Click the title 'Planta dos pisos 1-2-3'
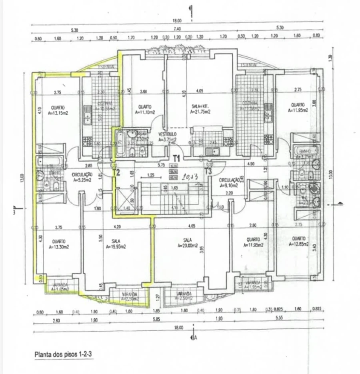coord(64,354)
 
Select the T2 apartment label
coord(116,173)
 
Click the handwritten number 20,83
coord(188,175)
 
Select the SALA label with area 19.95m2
coord(116,244)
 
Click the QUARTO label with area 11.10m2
coord(144,110)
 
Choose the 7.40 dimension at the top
coord(177,29)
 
